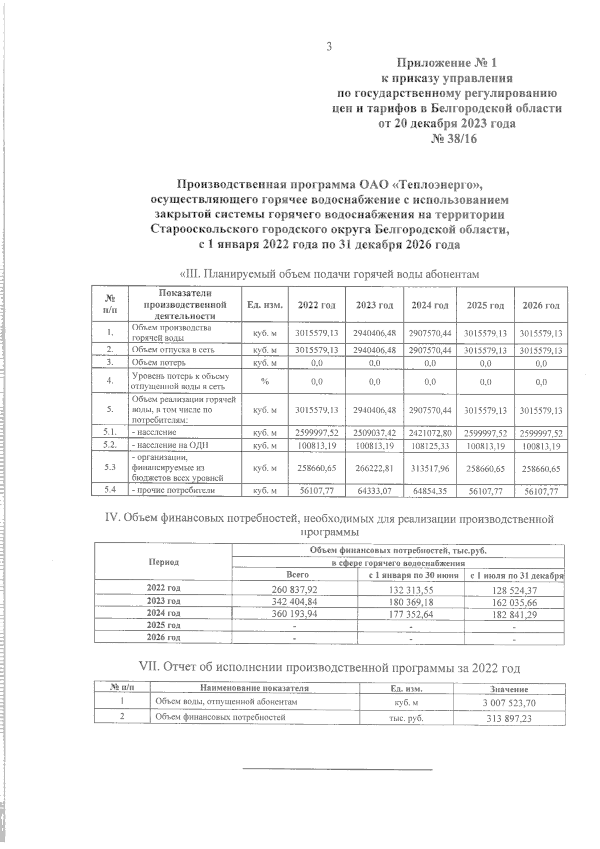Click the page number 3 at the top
point(328,47)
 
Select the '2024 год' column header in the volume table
point(430,305)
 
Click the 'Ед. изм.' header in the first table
point(265,305)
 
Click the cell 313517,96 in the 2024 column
point(430,468)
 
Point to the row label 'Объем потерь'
point(159,363)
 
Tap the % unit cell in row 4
point(265,382)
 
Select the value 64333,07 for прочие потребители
point(374,491)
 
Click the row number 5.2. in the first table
point(109,444)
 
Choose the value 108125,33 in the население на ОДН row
point(430,445)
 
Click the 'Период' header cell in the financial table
point(163,562)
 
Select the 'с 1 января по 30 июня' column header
point(413,575)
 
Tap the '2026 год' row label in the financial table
point(163,637)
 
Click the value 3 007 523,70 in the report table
point(509,703)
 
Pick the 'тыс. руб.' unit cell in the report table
point(406,718)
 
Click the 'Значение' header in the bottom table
point(509,689)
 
